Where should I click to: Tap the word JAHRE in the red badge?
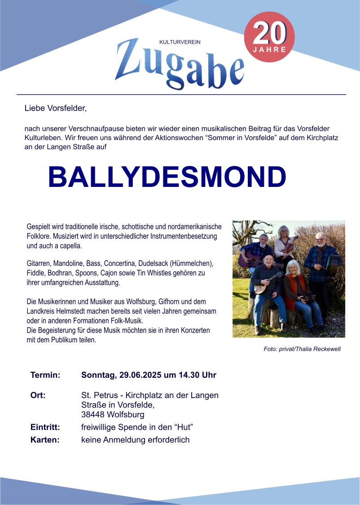point(269,49)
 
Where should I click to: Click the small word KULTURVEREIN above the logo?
point(180,42)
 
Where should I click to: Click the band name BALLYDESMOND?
point(167,177)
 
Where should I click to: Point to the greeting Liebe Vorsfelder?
point(55,108)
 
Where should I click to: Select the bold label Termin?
point(45,375)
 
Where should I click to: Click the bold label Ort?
point(38,395)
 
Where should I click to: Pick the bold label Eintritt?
point(45,427)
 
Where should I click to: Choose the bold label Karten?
point(45,440)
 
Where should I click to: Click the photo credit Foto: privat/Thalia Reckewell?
point(302,349)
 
